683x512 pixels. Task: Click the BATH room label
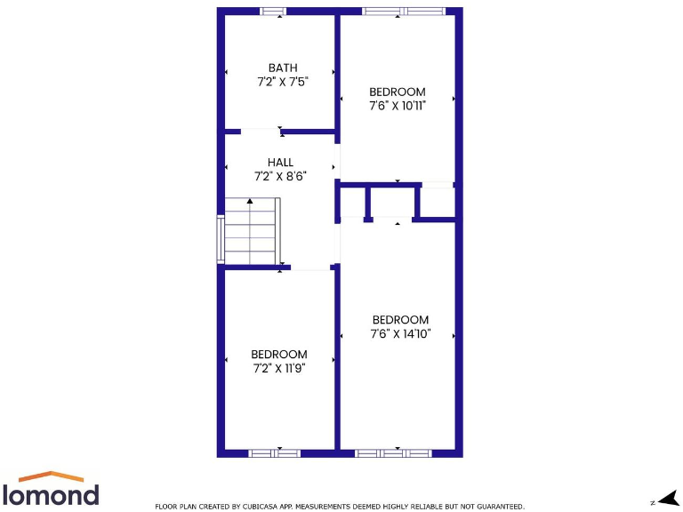[283, 68]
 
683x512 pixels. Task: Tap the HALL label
[280, 163]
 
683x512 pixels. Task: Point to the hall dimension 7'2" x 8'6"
[280, 176]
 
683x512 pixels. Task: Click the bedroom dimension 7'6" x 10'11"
[398, 105]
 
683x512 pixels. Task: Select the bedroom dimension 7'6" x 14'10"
[400, 334]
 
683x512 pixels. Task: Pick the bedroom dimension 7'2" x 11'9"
[279, 368]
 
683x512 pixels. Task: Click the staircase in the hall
[252, 231]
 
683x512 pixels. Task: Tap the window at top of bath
[273, 12]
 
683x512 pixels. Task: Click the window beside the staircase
[221, 239]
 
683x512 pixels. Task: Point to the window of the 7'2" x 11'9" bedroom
[274, 452]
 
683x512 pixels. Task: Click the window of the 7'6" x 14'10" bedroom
[393, 452]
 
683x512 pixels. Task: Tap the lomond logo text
[51, 494]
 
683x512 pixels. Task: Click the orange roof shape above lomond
[52, 476]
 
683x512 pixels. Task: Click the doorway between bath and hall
[261, 131]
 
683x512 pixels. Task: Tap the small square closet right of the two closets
[437, 203]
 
